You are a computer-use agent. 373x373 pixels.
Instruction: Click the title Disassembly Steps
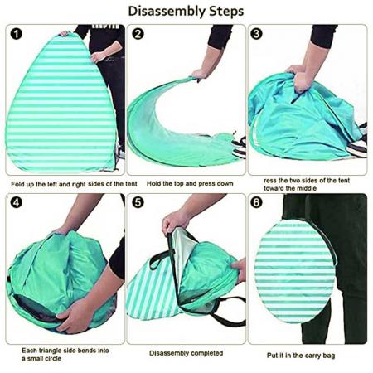pyautogui.click(x=186, y=11)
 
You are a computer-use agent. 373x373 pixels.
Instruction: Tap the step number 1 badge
pyautogui.click(x=17, y=35)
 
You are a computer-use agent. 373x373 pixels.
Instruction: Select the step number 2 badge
pyautogui.click(x=138, y=35)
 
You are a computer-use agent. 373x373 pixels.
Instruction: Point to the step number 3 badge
pyautogui.click(x=257, y=35)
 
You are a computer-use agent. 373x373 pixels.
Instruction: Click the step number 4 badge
pyautogui.click(x=17, y=203)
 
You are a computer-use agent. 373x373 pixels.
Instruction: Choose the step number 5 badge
pyautogui.click(x=138, y=203)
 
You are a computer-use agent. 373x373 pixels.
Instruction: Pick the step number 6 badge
pyautogui.click(x=257, y=203)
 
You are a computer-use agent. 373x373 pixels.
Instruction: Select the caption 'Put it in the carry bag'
pyautogui.click(x=307, y=355)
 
